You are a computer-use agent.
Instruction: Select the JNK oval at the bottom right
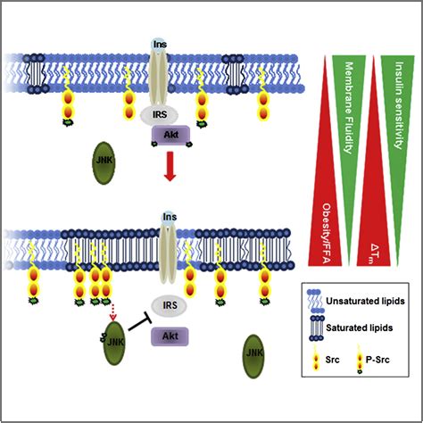[254, 352]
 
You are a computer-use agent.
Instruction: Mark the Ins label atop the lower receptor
[168, 217]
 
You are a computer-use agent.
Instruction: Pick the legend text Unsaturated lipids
[369, 302]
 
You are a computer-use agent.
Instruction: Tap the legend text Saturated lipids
[364, 327]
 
